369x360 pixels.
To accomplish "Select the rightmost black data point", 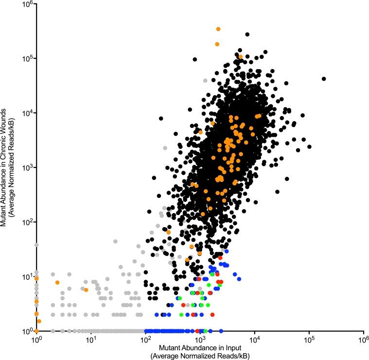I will pyautogui.click(x=324, y=79).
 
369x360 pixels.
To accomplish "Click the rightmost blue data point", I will pyautogui.click(x=239, y=279).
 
